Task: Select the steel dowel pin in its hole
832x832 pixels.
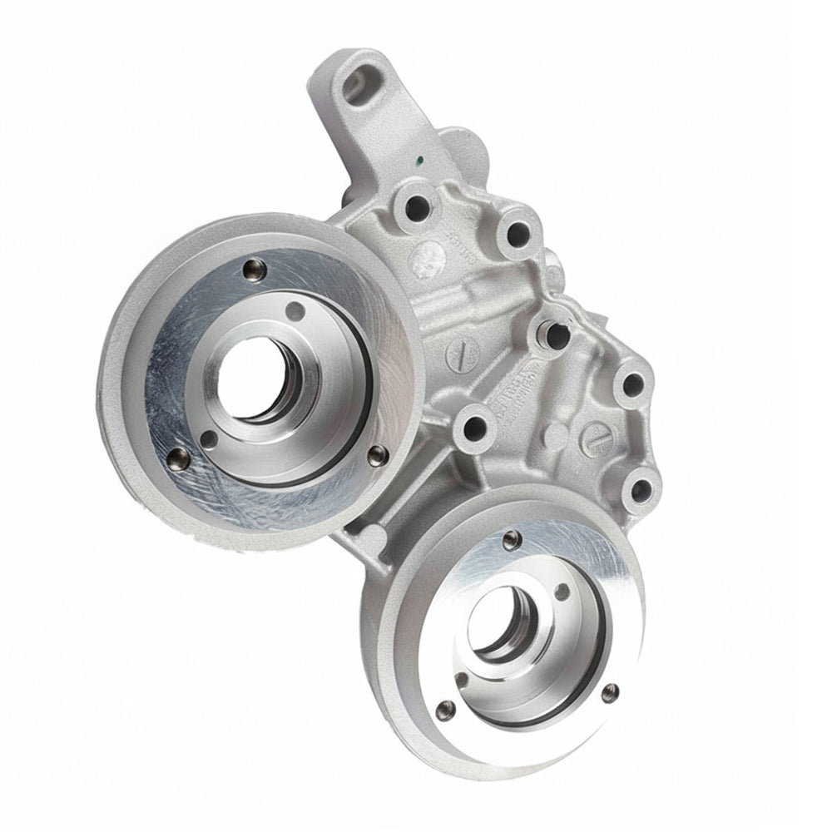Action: click(552, 333)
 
